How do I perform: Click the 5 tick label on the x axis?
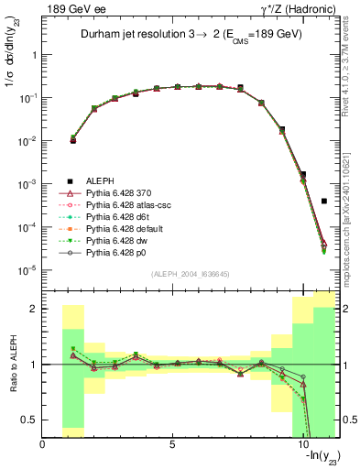tap(172, 445)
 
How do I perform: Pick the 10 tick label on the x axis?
tap(301, 445)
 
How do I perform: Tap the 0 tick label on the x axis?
tap(43, 445)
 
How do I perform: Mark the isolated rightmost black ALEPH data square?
tap(324, 201)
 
